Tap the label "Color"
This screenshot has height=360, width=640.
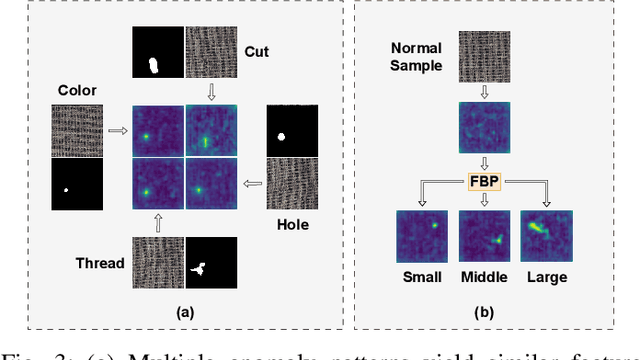79,90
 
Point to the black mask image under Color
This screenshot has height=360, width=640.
77,184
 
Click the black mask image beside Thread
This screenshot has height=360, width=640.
212,263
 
